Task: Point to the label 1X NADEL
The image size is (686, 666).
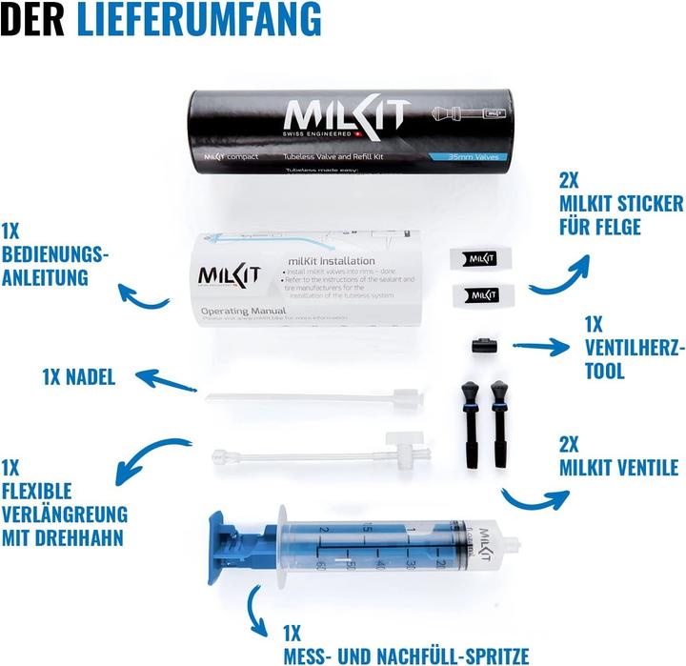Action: click(x=78, y=376)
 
